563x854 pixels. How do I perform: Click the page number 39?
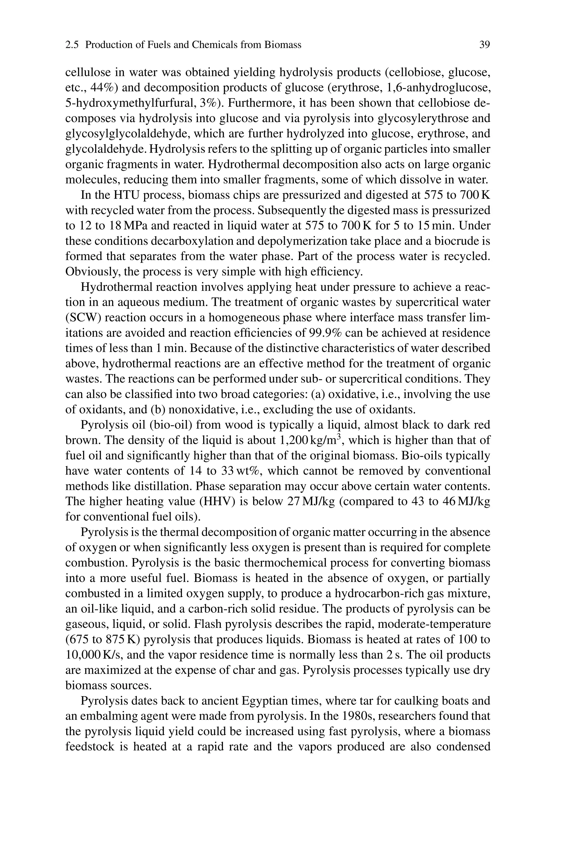tap(484, 45)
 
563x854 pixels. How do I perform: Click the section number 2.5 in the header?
tap(73, 45)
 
